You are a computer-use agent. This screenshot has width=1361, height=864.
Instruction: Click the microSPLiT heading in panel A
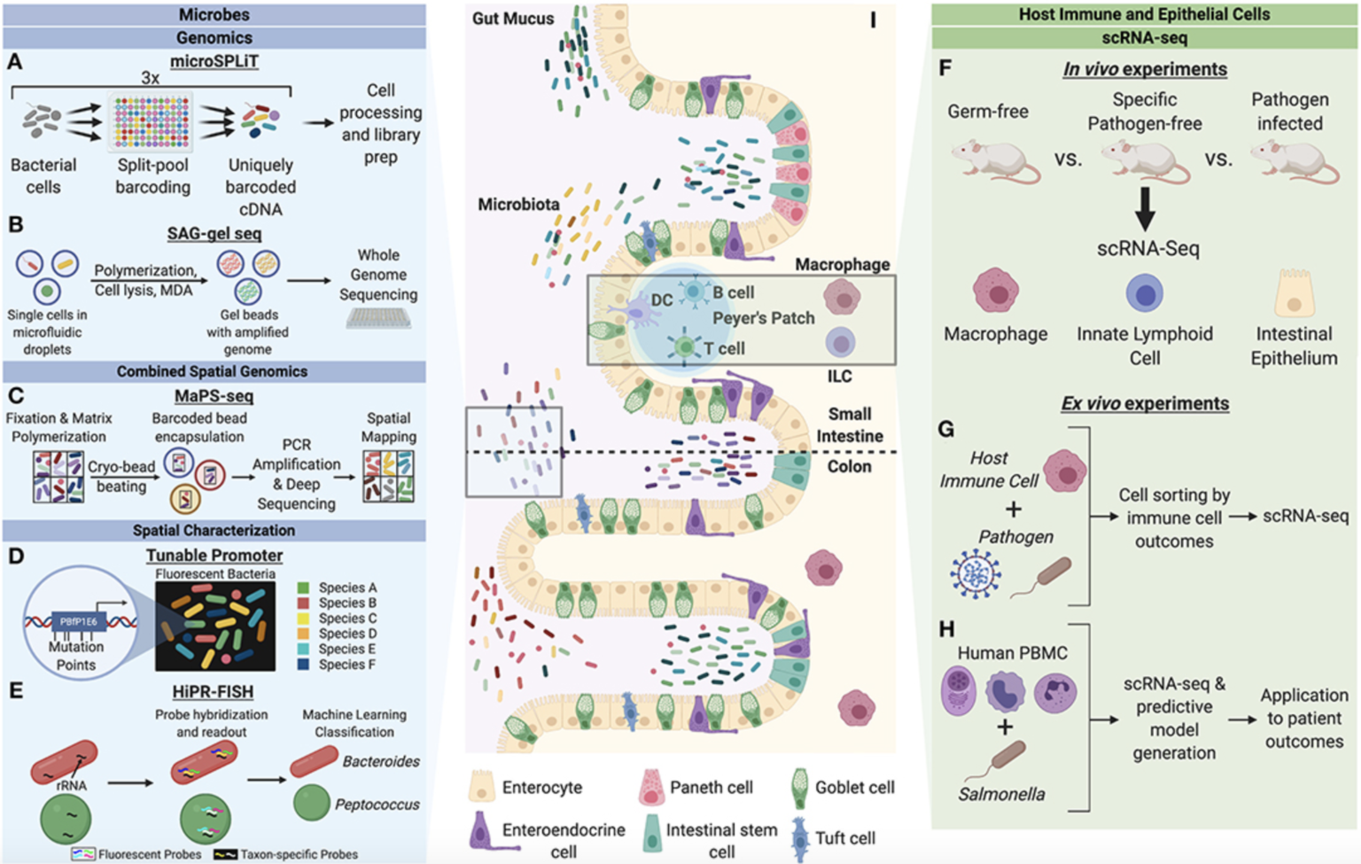[214, 61]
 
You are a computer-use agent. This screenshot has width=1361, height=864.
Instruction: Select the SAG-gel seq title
[214, 234]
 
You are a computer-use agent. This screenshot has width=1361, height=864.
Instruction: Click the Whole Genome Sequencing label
[378, 275]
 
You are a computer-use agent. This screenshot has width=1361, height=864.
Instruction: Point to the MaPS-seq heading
[214, 396]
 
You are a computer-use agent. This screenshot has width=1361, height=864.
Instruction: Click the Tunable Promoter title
[214, 556]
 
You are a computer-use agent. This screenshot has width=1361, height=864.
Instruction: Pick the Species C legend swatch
[304, 619]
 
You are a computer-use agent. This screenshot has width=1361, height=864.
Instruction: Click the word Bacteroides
[381, 761]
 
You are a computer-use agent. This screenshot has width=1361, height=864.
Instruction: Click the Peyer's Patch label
[763, 318]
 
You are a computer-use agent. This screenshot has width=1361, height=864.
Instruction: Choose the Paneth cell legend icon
[652, 787]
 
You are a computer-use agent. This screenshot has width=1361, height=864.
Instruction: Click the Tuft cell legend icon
[800, 838]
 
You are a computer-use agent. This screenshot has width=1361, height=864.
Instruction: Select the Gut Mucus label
[512, 19]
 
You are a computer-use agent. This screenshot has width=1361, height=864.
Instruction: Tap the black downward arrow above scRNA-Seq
[1145, 209]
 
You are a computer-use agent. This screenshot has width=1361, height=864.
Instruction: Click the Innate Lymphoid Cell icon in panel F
[1145, 293]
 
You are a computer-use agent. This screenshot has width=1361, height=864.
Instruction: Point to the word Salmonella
[1001, 795]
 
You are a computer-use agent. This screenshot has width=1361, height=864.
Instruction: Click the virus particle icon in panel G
[976, 572]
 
